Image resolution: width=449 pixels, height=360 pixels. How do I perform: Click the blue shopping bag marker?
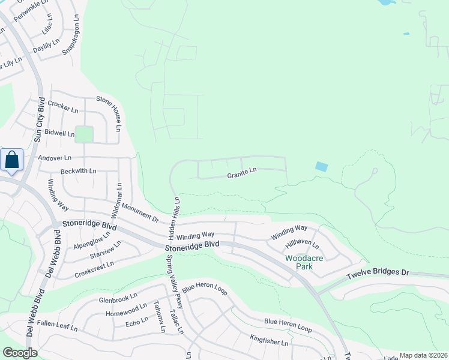click(x=11, y=160)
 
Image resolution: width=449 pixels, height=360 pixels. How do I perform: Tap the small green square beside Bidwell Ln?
click(x=83, y=134)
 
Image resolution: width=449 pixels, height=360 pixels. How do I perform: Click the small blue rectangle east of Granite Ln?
click(x=321, y=167)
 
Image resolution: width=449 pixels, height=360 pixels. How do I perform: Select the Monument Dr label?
click(x=139, y=212)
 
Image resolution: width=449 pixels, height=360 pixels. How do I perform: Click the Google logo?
click(x=19, y=353)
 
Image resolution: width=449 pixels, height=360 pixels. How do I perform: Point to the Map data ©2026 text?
click(x=423, y=355)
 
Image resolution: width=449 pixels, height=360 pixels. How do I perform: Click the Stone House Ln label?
click(x=110, y=115)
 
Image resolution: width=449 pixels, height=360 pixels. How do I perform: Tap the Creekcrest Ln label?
click(x=94, y=268)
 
